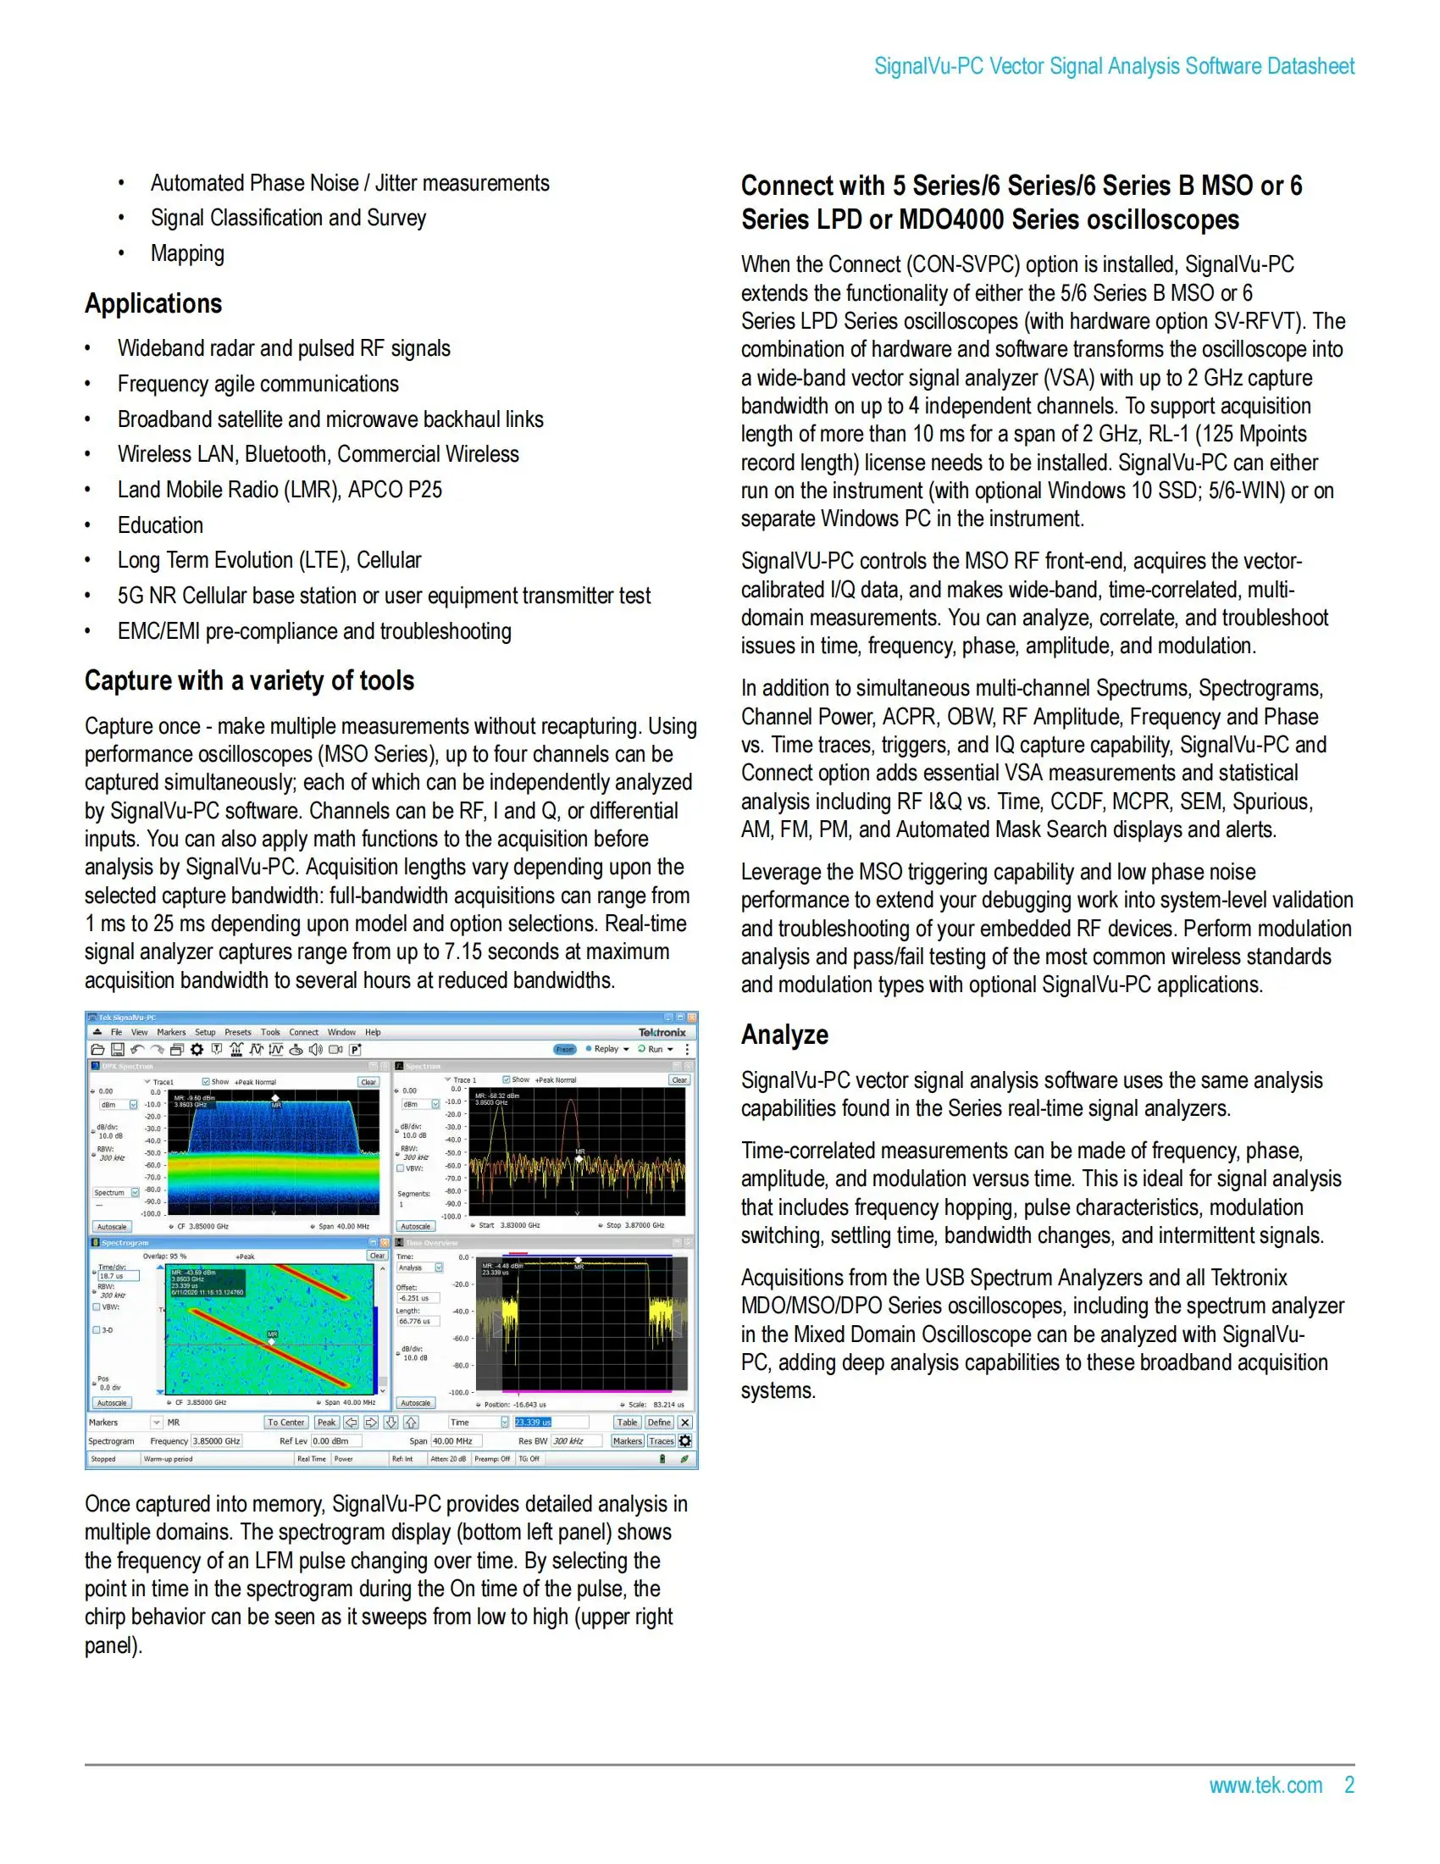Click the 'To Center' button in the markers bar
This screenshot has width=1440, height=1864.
(x=285, y=1422)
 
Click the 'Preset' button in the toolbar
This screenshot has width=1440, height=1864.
(x=565, y=1049)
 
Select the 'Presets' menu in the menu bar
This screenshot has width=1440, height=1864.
(x=237, y=1032)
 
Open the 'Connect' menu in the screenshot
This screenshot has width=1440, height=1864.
(x=303, y=1032)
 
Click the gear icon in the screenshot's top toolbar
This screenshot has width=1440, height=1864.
(x=197, y=1049)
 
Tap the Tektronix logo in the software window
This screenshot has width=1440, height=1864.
(x=662, y=1032)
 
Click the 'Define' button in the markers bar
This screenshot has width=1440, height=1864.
(x=658, y=1422)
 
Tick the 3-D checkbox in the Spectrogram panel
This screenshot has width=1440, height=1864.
(x=97, y=1329)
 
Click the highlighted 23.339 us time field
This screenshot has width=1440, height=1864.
(x=533, y=1422)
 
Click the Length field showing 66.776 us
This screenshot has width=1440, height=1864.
(x=417, y=1321)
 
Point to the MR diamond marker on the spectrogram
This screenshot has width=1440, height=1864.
(x=272, y=1342)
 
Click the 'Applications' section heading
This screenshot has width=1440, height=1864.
(x=153, y=304)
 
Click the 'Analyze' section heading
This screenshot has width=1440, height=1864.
(x=784, y=1035)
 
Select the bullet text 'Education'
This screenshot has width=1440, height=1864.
(x=160, y=525)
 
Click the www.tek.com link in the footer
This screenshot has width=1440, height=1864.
(x=1266, y=1784)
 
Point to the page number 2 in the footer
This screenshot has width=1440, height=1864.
(x=1349, y=1784)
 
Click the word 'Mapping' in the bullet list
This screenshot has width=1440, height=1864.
(x=188, y=253)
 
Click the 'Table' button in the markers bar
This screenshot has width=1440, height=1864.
(x=627, y=1422)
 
